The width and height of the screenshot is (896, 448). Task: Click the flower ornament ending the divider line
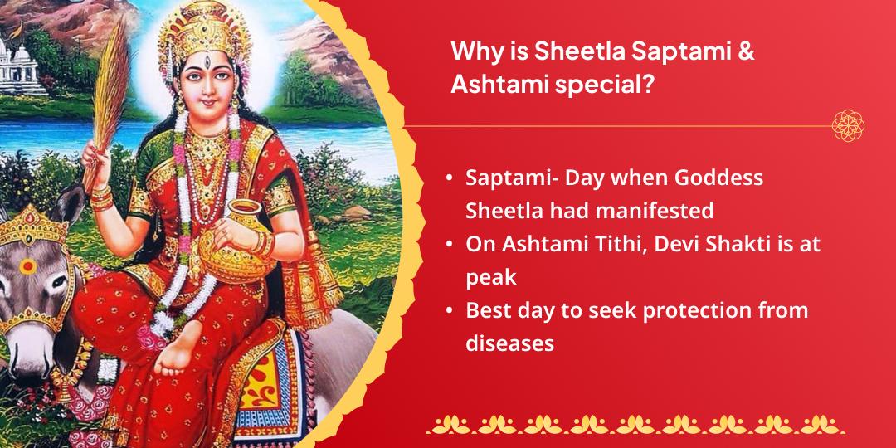point(849,125)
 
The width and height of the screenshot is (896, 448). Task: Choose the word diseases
point(509,343)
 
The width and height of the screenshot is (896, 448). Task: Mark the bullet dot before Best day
point(449,311)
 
